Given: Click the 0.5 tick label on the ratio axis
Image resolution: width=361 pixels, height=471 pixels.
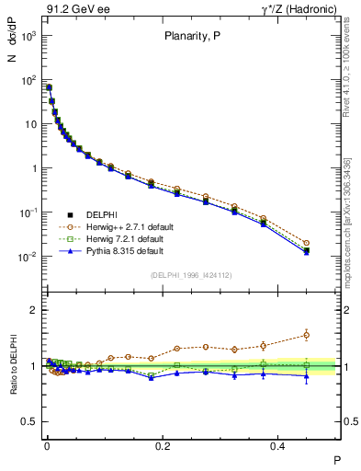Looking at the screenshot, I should pyautogui.click(x=29, y=421).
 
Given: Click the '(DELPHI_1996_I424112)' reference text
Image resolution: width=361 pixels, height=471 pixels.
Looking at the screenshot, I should pyautogui.click(x=191, y=274).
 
